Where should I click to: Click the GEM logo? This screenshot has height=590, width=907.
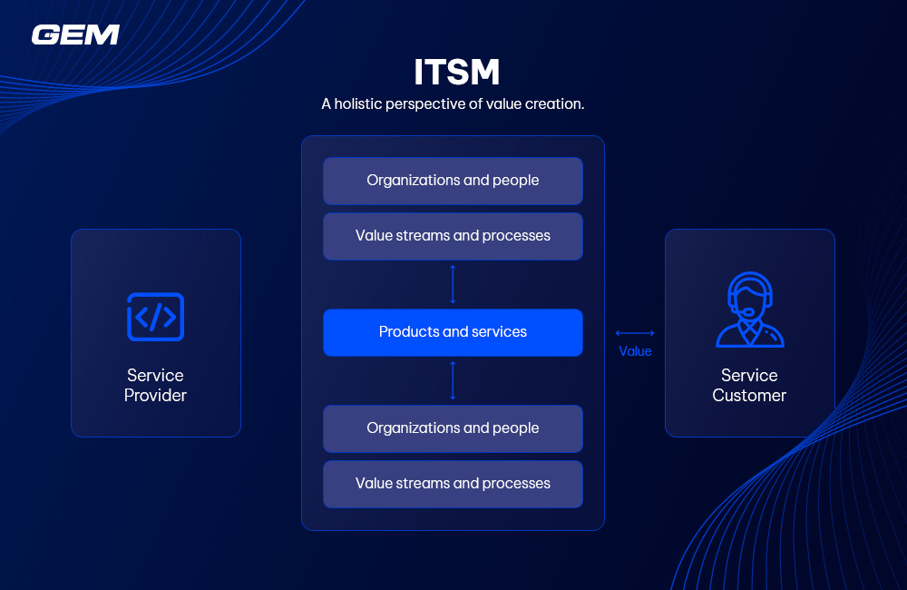point(75,34)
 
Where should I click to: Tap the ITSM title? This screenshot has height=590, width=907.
point(456,72)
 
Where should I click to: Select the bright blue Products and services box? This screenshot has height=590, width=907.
point(453,332)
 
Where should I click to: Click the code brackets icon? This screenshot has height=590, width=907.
point(155,317)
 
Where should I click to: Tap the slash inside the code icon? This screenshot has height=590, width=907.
point(155,317)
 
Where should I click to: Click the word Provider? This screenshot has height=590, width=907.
point(155,396)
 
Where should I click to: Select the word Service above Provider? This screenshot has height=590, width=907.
point(155,375)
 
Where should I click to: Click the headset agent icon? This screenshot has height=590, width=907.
point(749,310)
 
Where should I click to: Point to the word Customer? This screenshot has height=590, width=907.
point(749,396)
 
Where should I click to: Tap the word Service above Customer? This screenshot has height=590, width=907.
point(749,375)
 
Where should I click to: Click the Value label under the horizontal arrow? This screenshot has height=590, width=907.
point(635,351)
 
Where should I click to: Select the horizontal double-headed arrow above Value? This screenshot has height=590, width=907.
point(635,333)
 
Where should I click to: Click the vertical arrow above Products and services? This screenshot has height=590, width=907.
point(453,284)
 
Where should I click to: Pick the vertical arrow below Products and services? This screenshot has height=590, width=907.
point(453,380)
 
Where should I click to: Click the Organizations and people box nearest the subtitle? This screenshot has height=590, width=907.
point(453,181)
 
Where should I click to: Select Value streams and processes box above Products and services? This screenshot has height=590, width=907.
point(453,236)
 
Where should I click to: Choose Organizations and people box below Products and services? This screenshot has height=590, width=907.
point(453,428)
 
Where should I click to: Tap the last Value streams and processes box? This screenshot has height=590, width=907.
point(453,484)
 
